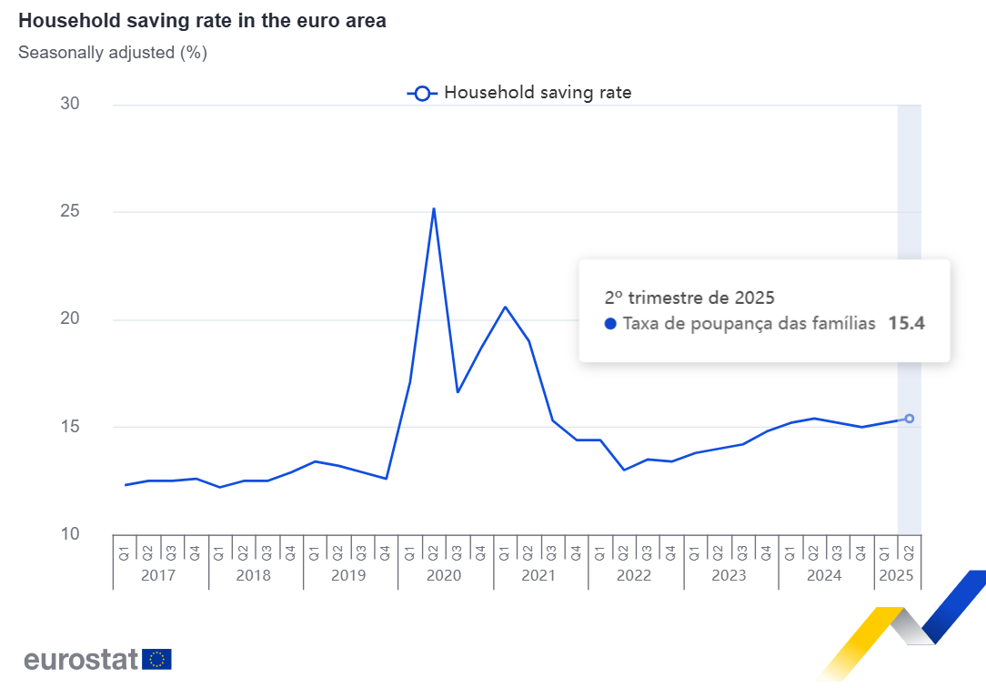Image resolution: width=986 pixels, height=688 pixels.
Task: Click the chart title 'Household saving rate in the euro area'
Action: [202, 21]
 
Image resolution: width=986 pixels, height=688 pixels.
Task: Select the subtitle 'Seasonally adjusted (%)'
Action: [113, 53]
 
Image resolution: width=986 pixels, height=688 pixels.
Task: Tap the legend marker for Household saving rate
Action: [422, 93]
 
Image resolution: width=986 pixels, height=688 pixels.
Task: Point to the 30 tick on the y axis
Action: [70, 105]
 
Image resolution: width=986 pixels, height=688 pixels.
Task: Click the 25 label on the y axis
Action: [70, 212]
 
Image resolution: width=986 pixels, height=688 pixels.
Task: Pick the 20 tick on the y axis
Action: [70, 319]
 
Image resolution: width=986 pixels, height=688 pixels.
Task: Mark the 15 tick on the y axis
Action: [70, 427]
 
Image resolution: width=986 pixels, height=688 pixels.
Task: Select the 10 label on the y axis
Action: [70, 534]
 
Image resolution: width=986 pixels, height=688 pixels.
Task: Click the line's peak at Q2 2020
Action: [434, 208]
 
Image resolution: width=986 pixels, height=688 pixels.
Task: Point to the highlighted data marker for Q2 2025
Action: [909, 419]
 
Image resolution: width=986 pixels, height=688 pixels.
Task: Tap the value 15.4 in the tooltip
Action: [907, 323]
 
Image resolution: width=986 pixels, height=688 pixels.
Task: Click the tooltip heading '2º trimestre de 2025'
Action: [689, 298]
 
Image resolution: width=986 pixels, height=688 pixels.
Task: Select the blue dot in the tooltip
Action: [610, 323]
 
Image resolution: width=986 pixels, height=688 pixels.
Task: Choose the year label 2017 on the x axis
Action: [160, 575]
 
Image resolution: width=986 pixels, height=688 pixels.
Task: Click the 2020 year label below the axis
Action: [445, 575]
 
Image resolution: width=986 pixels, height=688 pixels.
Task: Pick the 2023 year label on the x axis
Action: [729, 575]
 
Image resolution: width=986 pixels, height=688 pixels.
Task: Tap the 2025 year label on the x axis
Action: [897, 575]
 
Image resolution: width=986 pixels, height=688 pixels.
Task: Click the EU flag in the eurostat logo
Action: [157, 659]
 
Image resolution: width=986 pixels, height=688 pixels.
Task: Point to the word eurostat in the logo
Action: [81, 659]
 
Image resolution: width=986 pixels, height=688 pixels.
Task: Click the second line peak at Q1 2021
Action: [505, 307]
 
